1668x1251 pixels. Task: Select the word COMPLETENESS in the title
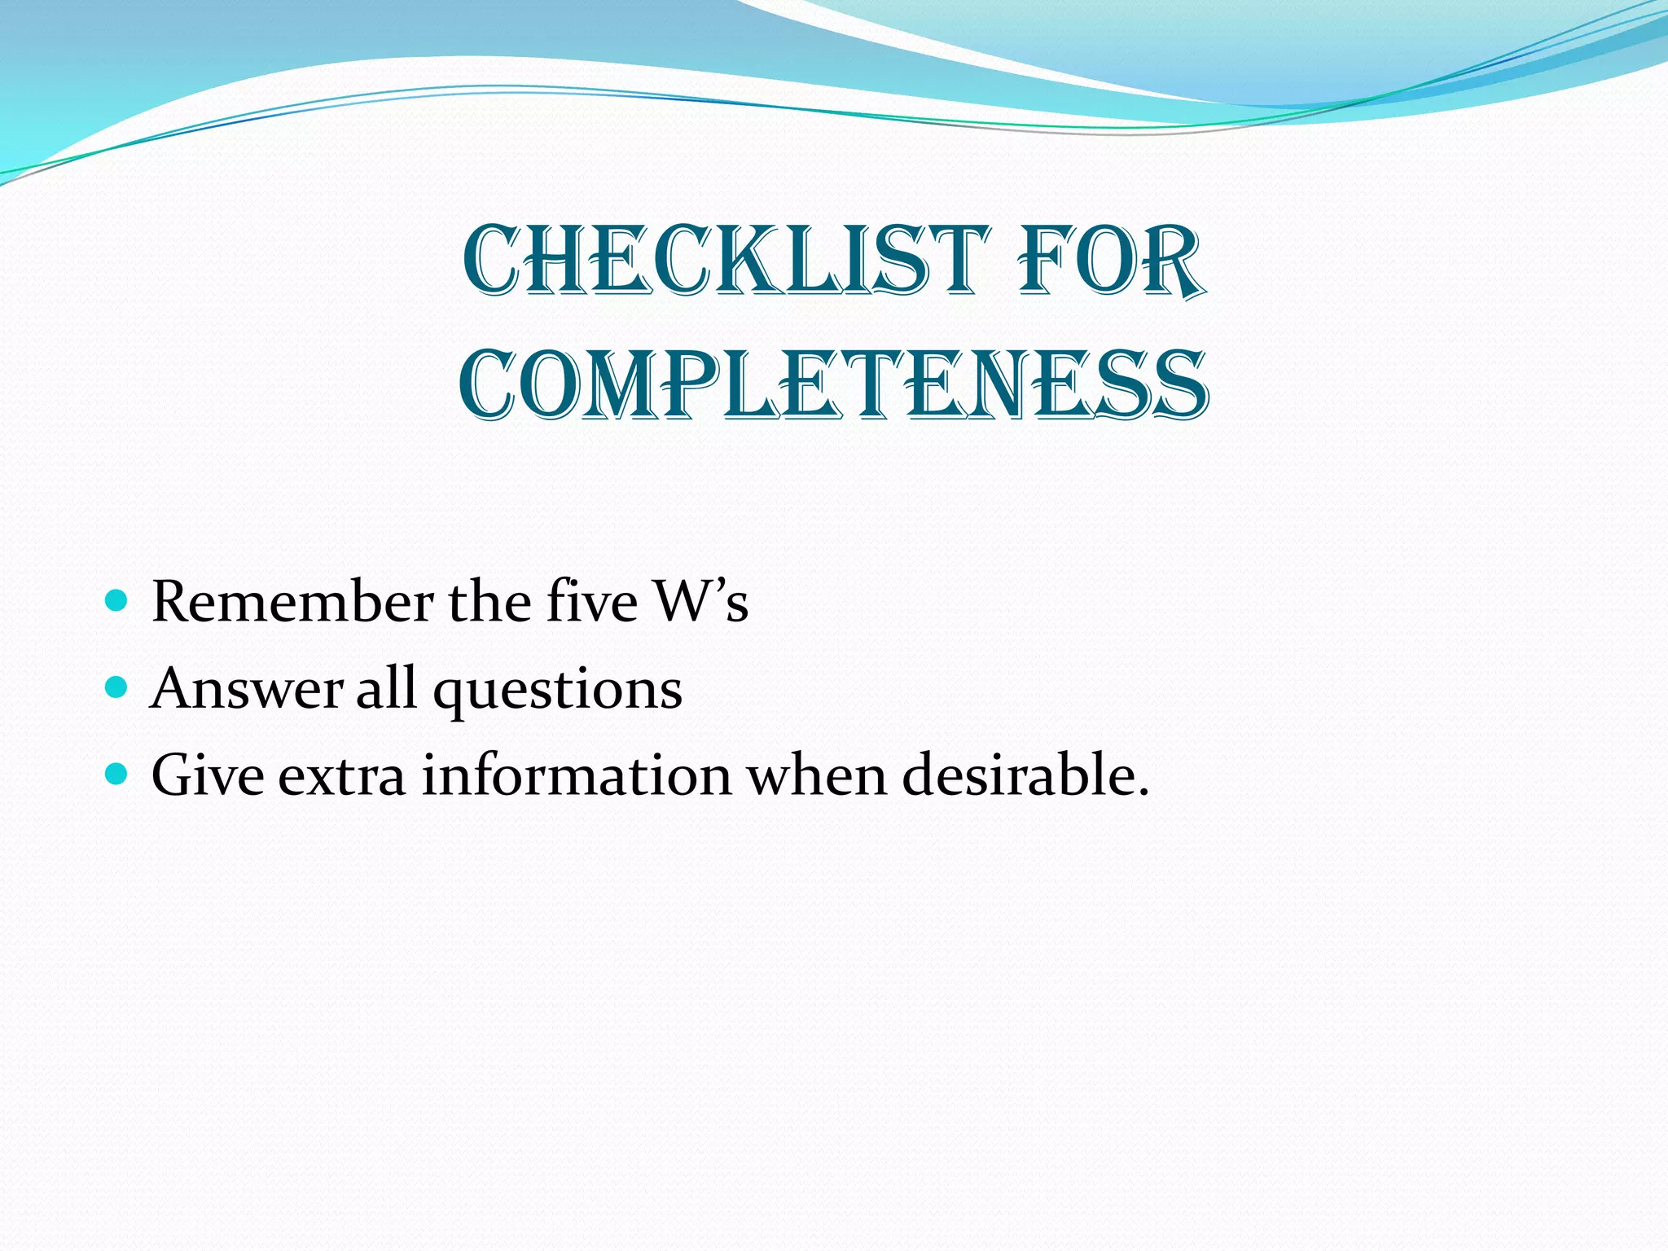833,384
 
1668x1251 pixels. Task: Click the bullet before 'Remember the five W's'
117,602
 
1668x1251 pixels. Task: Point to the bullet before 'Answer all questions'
117,688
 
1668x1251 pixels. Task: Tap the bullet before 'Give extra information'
117,775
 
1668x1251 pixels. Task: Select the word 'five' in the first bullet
591,602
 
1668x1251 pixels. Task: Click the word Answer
246,689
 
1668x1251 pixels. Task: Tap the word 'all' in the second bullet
387,689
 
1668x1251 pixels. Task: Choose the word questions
558,691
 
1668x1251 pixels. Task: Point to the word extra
342,776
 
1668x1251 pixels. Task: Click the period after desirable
1143,792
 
